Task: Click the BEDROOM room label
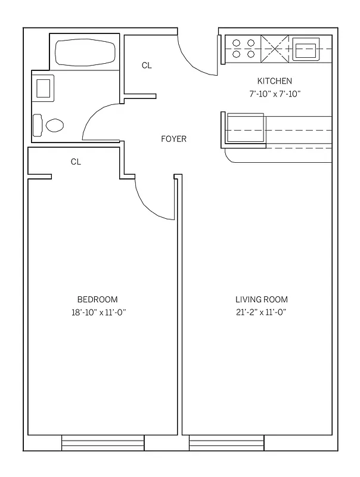point(97,299)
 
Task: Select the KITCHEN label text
point(274,80)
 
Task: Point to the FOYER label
point(173,139)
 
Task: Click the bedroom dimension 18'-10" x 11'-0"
point(98,312)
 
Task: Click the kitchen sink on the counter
point(306,48)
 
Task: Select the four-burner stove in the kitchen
point(243,48)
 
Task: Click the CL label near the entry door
point(147,66)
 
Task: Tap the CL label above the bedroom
point(76,162)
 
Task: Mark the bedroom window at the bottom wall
point(103,443)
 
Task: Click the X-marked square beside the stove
point(275,48)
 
